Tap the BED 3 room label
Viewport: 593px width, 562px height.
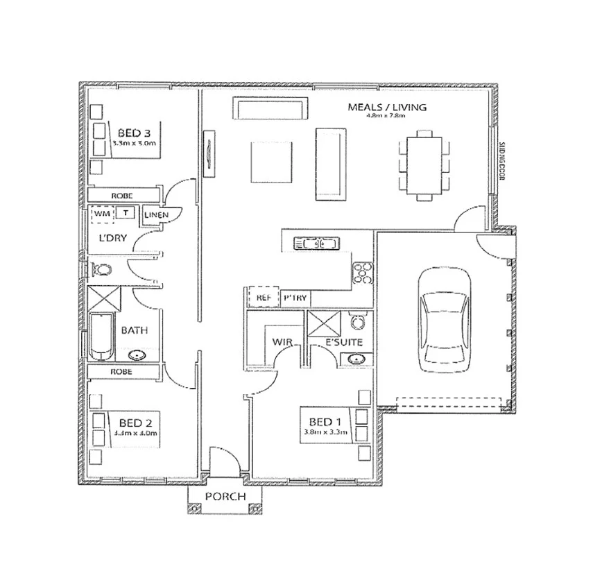click(x=134, y=133)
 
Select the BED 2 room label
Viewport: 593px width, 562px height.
click(x=134, y=422)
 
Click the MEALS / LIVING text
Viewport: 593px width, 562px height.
click(x=386, y=108)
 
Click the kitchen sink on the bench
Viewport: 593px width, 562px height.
click(x=316, y=244)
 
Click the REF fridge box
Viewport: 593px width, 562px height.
click(x=263, y=297)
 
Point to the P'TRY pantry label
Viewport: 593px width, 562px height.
click(x=295, y=298)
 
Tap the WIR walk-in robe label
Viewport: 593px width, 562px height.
click(x=280, y=341)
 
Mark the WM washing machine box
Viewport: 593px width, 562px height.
click(x=103, y=214)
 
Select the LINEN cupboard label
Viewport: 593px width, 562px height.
click(x=156, y=215)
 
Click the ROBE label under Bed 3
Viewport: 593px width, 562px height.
click(x=121, y=196)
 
